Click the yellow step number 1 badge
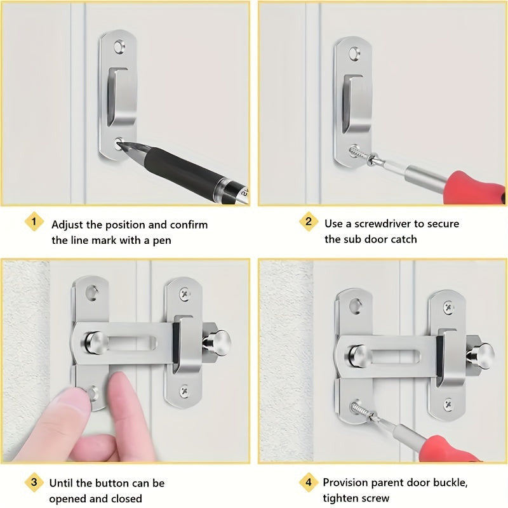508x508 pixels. click(34, 222)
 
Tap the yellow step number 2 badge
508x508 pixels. click(308, 222)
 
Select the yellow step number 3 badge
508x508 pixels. click(34, 482)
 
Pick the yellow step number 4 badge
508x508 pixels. click(308, 482)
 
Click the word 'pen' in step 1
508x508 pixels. click(162, 241)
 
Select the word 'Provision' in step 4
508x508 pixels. click(345, 483)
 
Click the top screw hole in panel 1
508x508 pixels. click(119, 46)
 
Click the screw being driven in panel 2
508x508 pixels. click(359, 154)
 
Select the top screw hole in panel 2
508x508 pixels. click(354, 53)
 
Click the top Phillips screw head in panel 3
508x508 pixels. click(185, 294)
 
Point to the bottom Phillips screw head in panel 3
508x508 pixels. click(184, 391)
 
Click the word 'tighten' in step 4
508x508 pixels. click(342, 498)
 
